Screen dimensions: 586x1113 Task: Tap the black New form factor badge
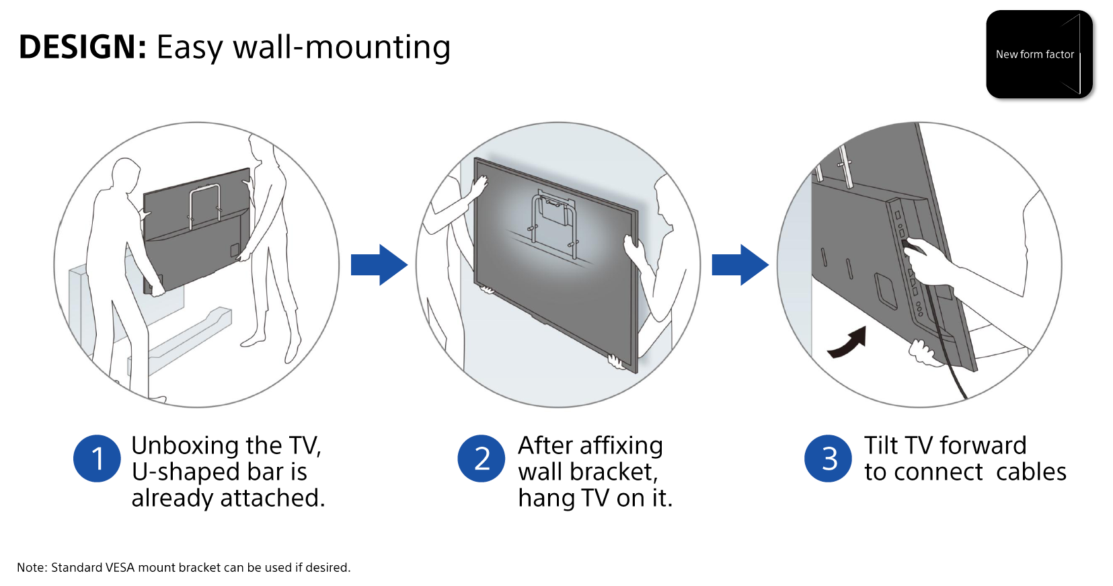(1038, 54)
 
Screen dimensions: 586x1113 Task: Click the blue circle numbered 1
(97, 459)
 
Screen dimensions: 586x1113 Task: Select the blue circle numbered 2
(482, 459)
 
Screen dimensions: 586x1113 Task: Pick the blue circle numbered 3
(829, 459)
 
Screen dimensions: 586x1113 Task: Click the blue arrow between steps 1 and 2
(379, 264)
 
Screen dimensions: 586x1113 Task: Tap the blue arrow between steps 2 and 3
(740, 264)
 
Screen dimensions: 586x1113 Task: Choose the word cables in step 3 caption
(1030, 472)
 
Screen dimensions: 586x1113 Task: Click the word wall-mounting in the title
(342, 47)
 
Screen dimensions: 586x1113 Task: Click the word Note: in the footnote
(32, 568)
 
